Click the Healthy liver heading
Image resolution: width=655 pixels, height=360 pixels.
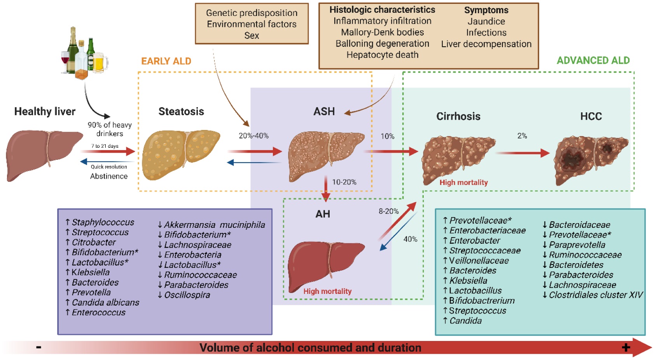(x=45, y=112)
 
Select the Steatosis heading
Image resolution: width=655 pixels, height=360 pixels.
(x=181, y=112)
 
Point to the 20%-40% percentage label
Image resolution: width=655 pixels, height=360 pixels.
(x=253, y=136)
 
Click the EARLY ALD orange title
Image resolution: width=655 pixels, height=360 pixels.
(x=166, y=61)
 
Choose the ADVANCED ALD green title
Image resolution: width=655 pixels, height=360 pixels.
(x=593, y=60)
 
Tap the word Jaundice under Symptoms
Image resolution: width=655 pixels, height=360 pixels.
(x=486, y=21)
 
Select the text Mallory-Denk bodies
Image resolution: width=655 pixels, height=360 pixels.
(x=382, y=32)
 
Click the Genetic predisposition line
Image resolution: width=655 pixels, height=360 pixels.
(x=252, y=13)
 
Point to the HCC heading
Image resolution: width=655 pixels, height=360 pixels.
(x=591, y=116)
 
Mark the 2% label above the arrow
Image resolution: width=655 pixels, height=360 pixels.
(x=522, y=136)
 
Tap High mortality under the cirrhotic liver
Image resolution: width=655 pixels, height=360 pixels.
(x=463, y=182)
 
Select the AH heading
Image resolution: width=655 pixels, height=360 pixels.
(x=323, y=214)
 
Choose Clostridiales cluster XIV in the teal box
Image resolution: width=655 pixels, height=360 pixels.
(x=596, y=295)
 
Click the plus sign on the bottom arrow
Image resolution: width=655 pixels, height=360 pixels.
(x=626, y=348)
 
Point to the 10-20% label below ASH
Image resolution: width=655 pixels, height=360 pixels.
(x=344, y=182)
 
